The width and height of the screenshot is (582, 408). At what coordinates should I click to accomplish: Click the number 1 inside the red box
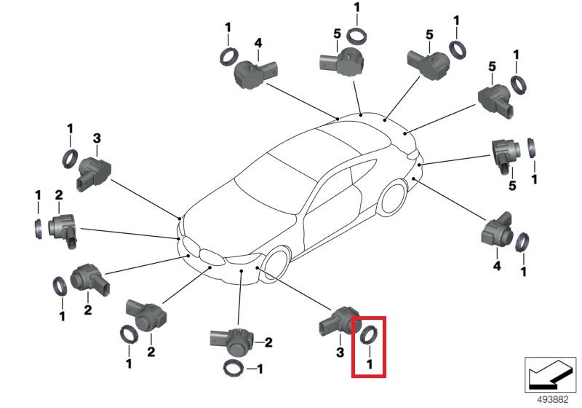point(370,363)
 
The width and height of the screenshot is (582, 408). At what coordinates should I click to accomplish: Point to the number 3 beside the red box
point(340,353)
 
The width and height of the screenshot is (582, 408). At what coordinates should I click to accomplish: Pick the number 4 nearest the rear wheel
point(498,267)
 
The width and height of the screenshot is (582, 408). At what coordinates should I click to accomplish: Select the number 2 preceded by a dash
point(268,342)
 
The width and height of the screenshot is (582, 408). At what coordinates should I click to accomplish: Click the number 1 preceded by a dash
point(258,369)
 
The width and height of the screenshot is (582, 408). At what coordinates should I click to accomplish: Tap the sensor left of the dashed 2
point(231,339)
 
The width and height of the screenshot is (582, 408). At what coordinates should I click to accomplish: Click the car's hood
point(233,219)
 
